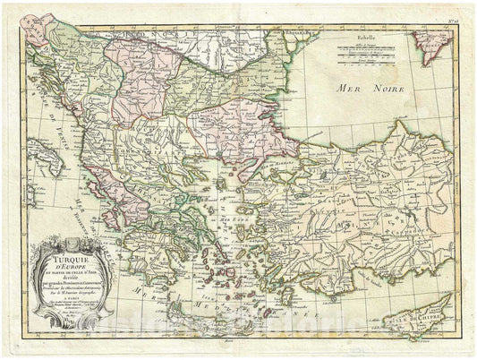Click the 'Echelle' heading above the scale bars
[x=345, y=39]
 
